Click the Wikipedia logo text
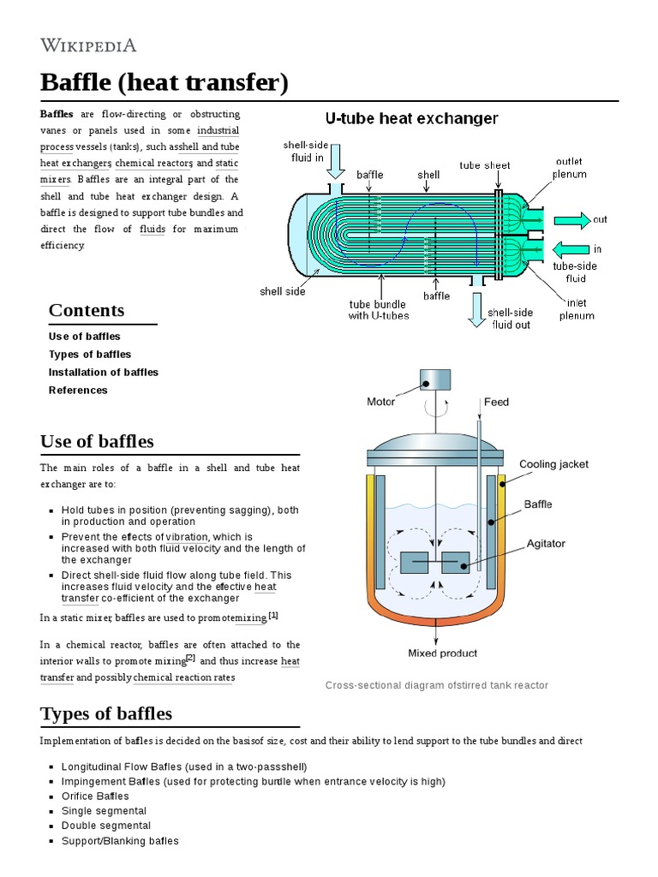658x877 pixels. click(88, 45)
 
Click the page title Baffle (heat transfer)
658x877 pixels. click(164, 83)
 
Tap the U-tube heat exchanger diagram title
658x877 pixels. click(410, 118)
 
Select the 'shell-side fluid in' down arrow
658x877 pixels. click(336, 163)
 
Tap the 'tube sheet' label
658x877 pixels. click(484, 165)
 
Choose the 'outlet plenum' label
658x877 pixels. click(570, 168)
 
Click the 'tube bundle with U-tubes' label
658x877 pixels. click(379, 309)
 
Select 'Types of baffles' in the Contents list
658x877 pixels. click(90, 355)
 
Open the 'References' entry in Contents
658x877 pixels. click(78, 391)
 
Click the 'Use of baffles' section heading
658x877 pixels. click(97, 441)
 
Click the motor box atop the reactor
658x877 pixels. click(434, 378)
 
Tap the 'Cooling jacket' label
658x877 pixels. click(553, 464)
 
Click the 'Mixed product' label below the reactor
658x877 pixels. click(442, 653)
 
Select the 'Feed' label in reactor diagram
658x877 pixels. click(496, 402)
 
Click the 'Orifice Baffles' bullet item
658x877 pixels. click(95, 796)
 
